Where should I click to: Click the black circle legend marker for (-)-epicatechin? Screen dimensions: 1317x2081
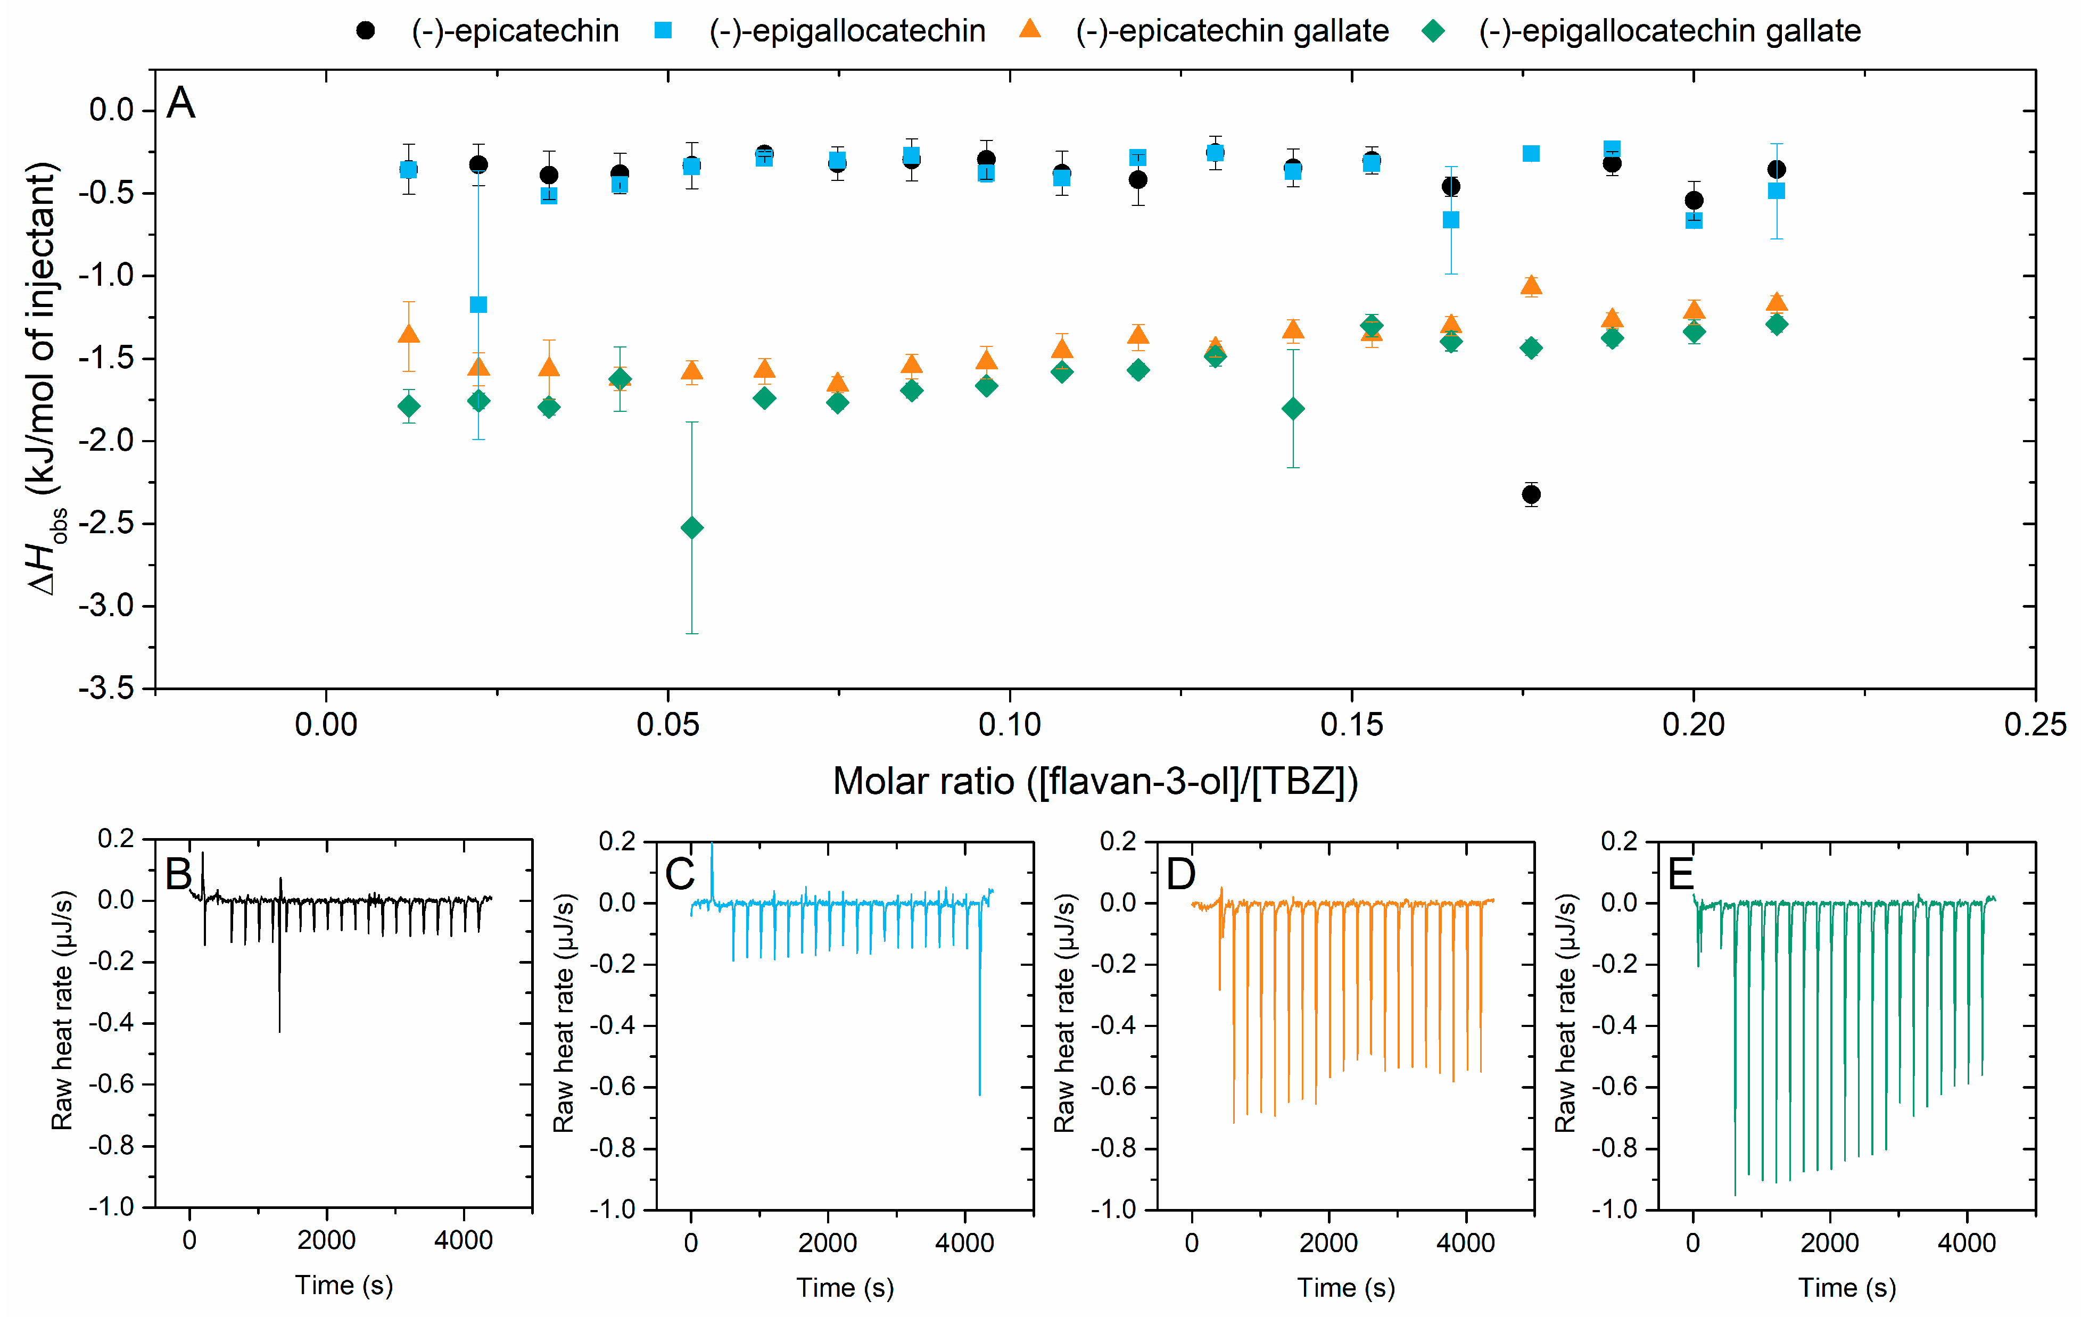(366, 31)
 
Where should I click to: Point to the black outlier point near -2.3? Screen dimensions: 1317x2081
(1531, 494)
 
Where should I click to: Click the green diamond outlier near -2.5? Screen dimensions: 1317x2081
(691, 527)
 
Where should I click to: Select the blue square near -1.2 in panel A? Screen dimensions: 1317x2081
(478, 304)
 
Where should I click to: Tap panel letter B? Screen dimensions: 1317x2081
(178, 874)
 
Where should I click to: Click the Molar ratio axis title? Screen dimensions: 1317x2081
(1095, 781)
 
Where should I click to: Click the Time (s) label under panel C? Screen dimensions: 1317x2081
(844, 1288)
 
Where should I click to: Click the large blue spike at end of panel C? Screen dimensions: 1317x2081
(979, 1037)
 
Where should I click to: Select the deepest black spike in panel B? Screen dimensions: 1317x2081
(279, 994)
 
